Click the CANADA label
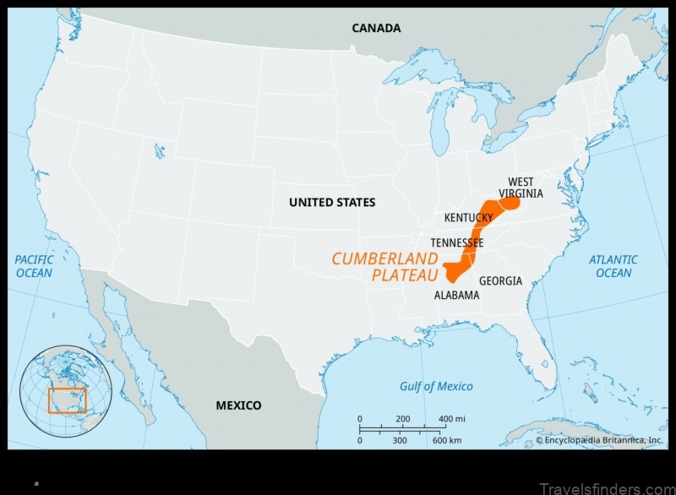pos(377,29)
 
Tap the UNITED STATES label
pos(332,203)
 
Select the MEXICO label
pos(238,405)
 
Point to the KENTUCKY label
pos(468,218)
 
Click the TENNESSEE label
pos(457,243)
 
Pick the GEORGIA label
pos(500,281)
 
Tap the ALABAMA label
pos(456,296)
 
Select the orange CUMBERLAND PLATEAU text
pos(385,266)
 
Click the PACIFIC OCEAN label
pos(34,266)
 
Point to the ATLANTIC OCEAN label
pos(613,266)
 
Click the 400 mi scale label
pos(452,420)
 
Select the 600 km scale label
pos(447,441)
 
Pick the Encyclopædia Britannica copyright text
pos(599,440)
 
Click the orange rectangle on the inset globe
pos(67,400)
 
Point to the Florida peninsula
pos(541,355)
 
